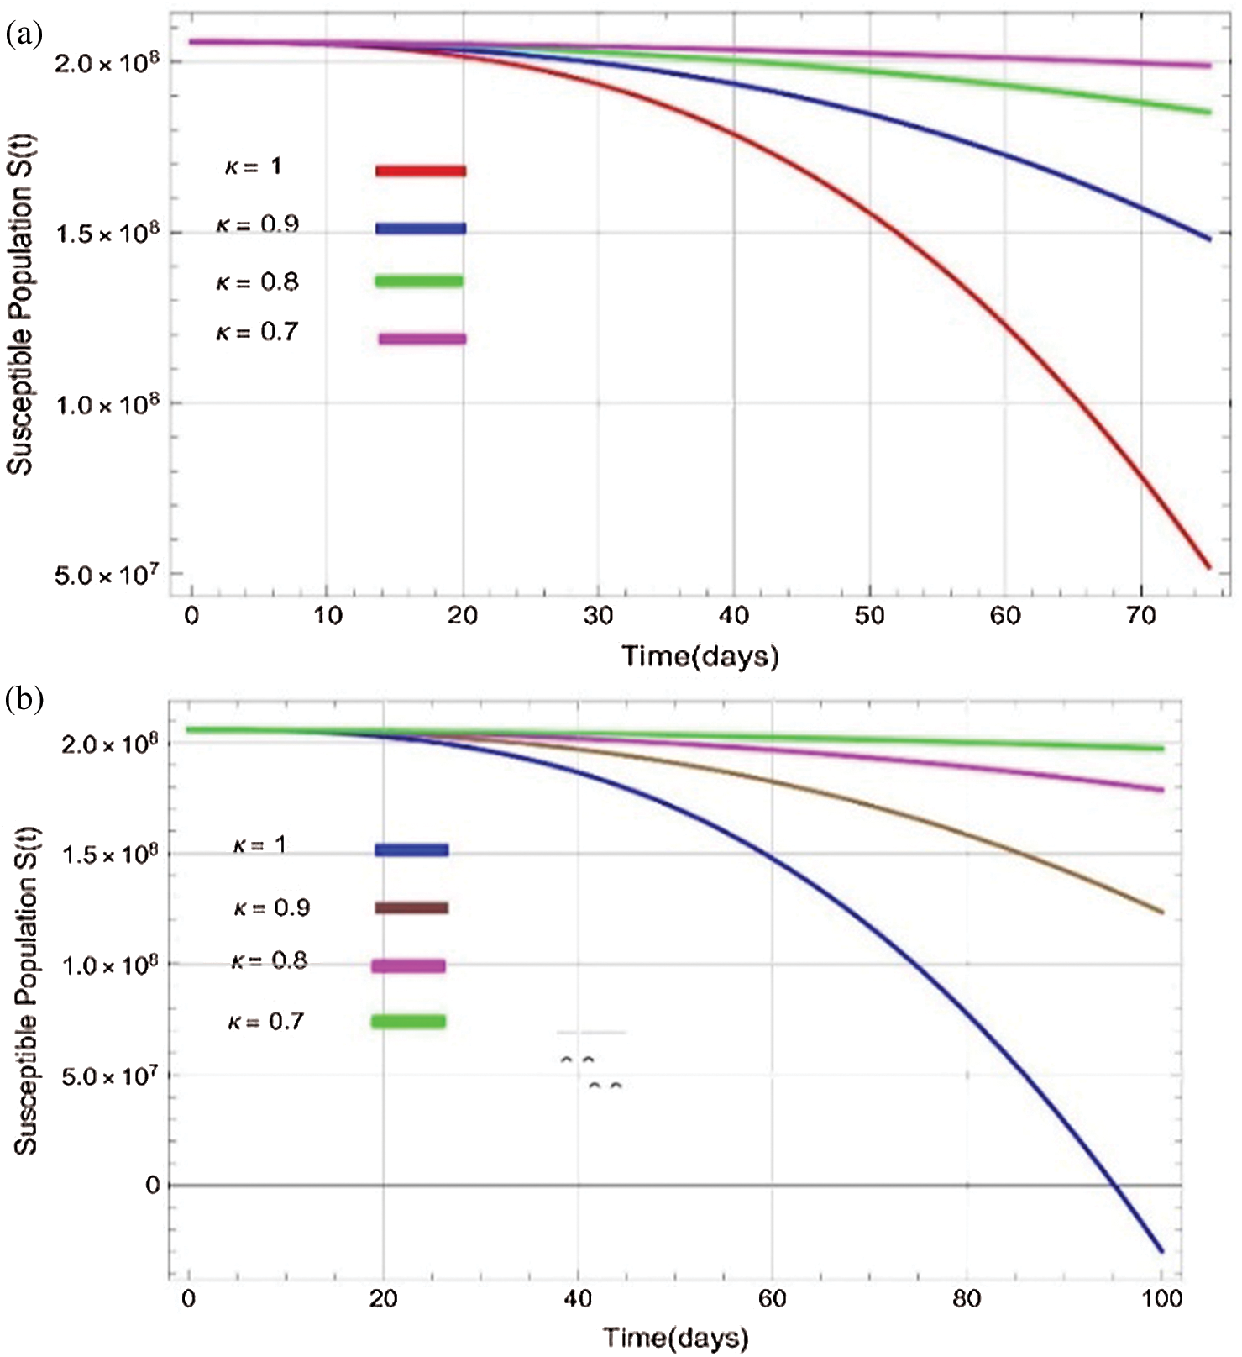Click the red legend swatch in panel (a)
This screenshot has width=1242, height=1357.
420,171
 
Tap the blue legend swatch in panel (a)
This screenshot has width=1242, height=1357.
420,228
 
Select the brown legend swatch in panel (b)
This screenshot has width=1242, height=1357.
411,907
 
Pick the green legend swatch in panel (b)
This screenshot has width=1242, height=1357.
408,1022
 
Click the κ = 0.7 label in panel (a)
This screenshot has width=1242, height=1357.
257,333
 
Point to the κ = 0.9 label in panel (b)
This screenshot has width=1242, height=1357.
271,908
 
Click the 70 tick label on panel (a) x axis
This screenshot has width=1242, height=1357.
1140,616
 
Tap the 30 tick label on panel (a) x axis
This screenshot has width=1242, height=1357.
599,616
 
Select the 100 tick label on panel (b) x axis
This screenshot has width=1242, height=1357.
1161,1299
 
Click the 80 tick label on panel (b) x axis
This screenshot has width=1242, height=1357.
967,1299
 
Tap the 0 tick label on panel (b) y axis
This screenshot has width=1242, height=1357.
153,1185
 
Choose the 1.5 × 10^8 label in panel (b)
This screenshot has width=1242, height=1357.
109,855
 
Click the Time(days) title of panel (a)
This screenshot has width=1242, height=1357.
700,655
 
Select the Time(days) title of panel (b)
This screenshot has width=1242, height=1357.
675,1337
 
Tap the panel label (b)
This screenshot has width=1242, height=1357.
24,699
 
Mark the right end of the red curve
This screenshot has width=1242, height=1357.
1208,568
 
